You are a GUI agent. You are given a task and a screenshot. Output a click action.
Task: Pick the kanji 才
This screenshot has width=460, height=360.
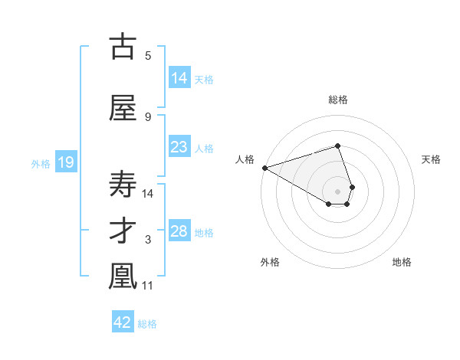(x=123, y=231)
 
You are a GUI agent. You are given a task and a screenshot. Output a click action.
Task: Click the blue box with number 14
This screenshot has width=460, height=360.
(x=179, y=78)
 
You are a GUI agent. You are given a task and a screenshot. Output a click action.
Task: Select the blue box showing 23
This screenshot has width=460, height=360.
(x=179, y=147)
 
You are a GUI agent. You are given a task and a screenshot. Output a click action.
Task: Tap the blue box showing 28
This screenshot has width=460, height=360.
(x=179, y=231)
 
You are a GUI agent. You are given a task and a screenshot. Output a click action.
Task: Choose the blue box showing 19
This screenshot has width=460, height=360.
(x=65, y=162)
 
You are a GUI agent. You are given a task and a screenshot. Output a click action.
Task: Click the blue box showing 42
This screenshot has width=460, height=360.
(x=123, y=322)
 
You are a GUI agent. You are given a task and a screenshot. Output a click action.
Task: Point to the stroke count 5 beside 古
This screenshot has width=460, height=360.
(x=148, y=55)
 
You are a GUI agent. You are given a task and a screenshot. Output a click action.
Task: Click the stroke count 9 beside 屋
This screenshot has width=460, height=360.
(x=148, y=116)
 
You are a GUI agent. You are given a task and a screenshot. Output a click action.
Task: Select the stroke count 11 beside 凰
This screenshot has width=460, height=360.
(x=149, y=286)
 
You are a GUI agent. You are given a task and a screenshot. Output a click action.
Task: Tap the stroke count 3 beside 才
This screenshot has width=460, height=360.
(x=148, y=241)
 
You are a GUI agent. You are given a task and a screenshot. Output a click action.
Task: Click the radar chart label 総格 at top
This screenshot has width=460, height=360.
(x=338, y=100)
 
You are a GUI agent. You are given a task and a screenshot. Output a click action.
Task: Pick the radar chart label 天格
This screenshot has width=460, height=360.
(x=431, y=159)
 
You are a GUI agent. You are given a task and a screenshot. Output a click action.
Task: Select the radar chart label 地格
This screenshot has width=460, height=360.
(x=402, y=262)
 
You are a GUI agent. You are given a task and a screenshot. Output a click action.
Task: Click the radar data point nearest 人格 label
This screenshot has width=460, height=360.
(x=264, y=167)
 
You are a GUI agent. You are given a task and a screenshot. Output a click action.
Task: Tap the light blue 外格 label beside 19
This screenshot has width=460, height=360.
(x=41, y=163)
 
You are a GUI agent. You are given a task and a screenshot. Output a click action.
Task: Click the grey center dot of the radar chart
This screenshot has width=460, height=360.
(x=337, y=191)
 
